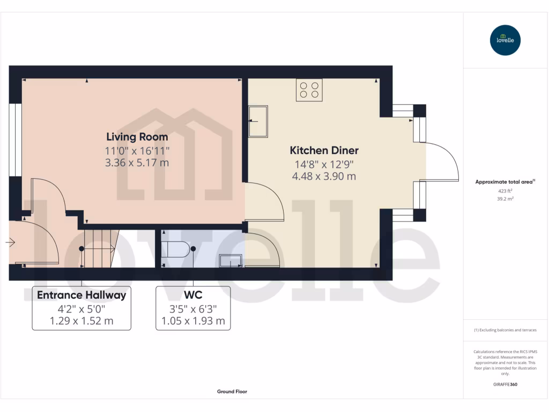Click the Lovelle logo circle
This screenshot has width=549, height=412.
click(505, 40)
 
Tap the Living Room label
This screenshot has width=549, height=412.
click(137, 137)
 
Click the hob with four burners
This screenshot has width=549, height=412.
click(309, 90)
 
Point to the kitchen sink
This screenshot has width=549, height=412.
click(258, 121)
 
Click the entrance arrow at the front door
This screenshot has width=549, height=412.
click(10, 243)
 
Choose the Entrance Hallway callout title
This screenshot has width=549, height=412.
click(81, 295)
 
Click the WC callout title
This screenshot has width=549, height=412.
click(193, 295)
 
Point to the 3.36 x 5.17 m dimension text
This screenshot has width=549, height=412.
click(137, 163)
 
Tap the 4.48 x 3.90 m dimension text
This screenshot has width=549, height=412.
click(324, 176)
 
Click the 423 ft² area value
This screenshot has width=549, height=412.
click(505, 190)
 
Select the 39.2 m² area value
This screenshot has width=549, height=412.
click(505, 198)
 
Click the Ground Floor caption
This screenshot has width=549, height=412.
click(232, 392)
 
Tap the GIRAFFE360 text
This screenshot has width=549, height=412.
click(505, 385)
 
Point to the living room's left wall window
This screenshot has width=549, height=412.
click(16, 139)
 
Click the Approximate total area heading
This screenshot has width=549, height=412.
click(505, 182)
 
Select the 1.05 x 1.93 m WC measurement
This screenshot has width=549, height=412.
click(193, 322)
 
